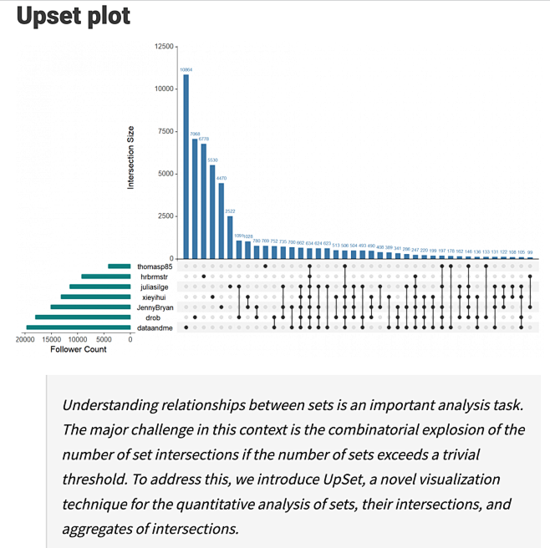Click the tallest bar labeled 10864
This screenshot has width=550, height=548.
pos(186,167)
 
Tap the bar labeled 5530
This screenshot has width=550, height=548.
pos(212,212)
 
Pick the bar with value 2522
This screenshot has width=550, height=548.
pos(230,237)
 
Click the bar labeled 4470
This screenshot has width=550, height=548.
pos(222,221)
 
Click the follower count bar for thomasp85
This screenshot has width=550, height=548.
pos(119,266)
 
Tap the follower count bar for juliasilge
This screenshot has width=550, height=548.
pos(99,287)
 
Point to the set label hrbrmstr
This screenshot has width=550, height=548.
pos(155,277)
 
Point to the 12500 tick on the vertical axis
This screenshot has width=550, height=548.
pos(164,46)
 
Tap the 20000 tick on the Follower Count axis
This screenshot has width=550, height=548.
pos(25,339)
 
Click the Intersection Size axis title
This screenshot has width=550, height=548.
pos(131,157)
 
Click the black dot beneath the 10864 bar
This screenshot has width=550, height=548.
pos(186,327)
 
